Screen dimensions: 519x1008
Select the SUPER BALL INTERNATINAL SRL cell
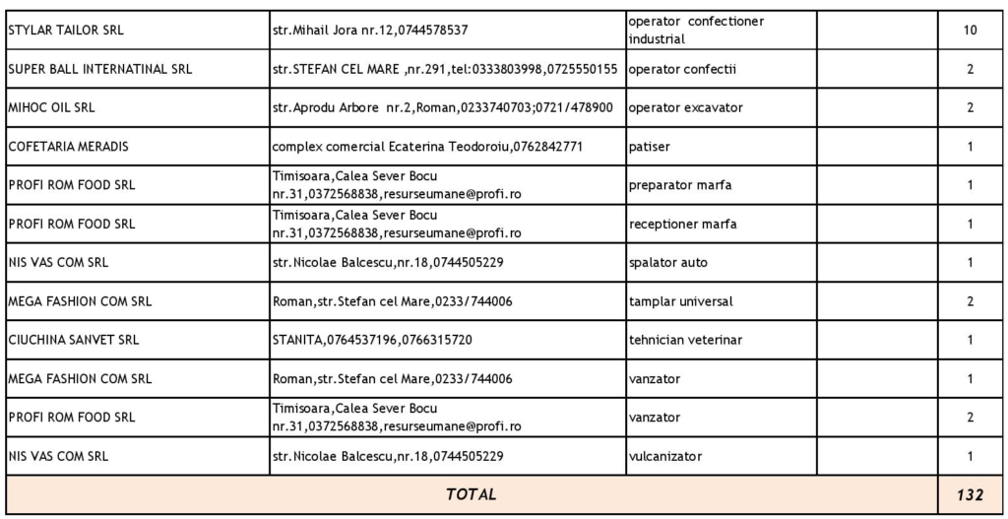click(99, 69)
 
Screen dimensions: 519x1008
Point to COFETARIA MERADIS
click(68, 147)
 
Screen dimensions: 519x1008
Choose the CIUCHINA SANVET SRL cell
click(73, 340)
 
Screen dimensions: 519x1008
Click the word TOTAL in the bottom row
click(472, 494)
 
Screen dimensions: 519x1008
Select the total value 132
click(970, 494)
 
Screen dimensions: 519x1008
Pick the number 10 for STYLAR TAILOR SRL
click(970, 31)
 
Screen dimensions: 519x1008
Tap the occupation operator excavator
click(685, 107)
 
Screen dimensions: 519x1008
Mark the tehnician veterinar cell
click(686, 340)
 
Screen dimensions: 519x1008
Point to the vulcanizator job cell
click(668, 456)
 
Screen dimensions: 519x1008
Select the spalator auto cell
click(667, 263)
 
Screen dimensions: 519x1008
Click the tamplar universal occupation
click(680, 301)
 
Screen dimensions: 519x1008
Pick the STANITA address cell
click(366, 340)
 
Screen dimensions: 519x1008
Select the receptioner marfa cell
click(682, 224)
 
